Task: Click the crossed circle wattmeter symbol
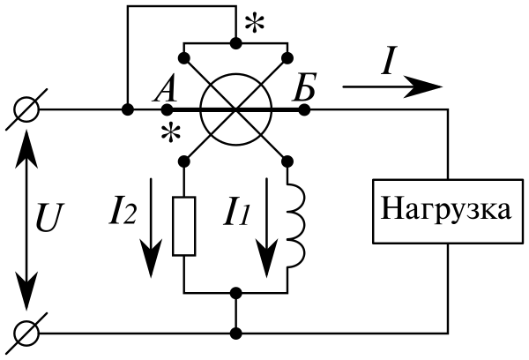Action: point(235,111)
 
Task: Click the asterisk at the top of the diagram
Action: point(254,24)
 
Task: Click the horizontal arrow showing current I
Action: point(391,87)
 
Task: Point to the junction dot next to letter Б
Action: point(304,111)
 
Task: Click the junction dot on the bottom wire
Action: point(235,334)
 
